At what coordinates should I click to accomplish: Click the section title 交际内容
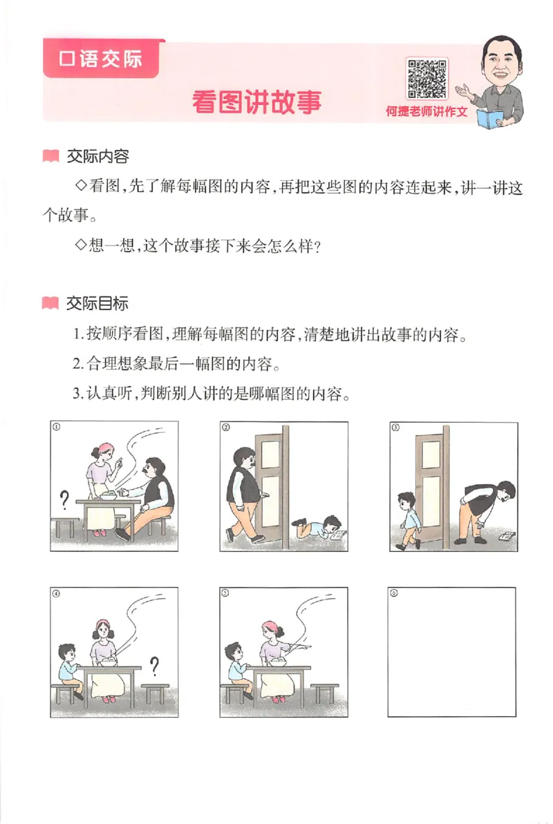tap(97, 157)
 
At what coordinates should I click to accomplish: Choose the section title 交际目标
tap(97, 303)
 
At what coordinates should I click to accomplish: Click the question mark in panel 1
tap(65, 497)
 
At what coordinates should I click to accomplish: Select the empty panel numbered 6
tap(451, 651)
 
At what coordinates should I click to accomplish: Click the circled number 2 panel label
tap(226, 427)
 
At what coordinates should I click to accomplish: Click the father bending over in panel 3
tap(488, 511)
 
